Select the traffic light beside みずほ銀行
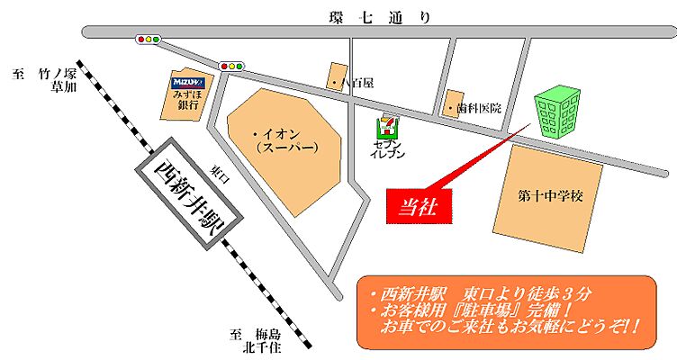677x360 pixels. click(x=232, y=66)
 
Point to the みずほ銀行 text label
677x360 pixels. click(x=188, y=99)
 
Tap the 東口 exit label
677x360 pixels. click(x=216, y=175)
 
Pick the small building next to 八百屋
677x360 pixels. click(x=337, y=76)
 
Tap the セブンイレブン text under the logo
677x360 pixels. click(x=388, y=148)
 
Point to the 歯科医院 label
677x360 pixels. click(x=477, y=109)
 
